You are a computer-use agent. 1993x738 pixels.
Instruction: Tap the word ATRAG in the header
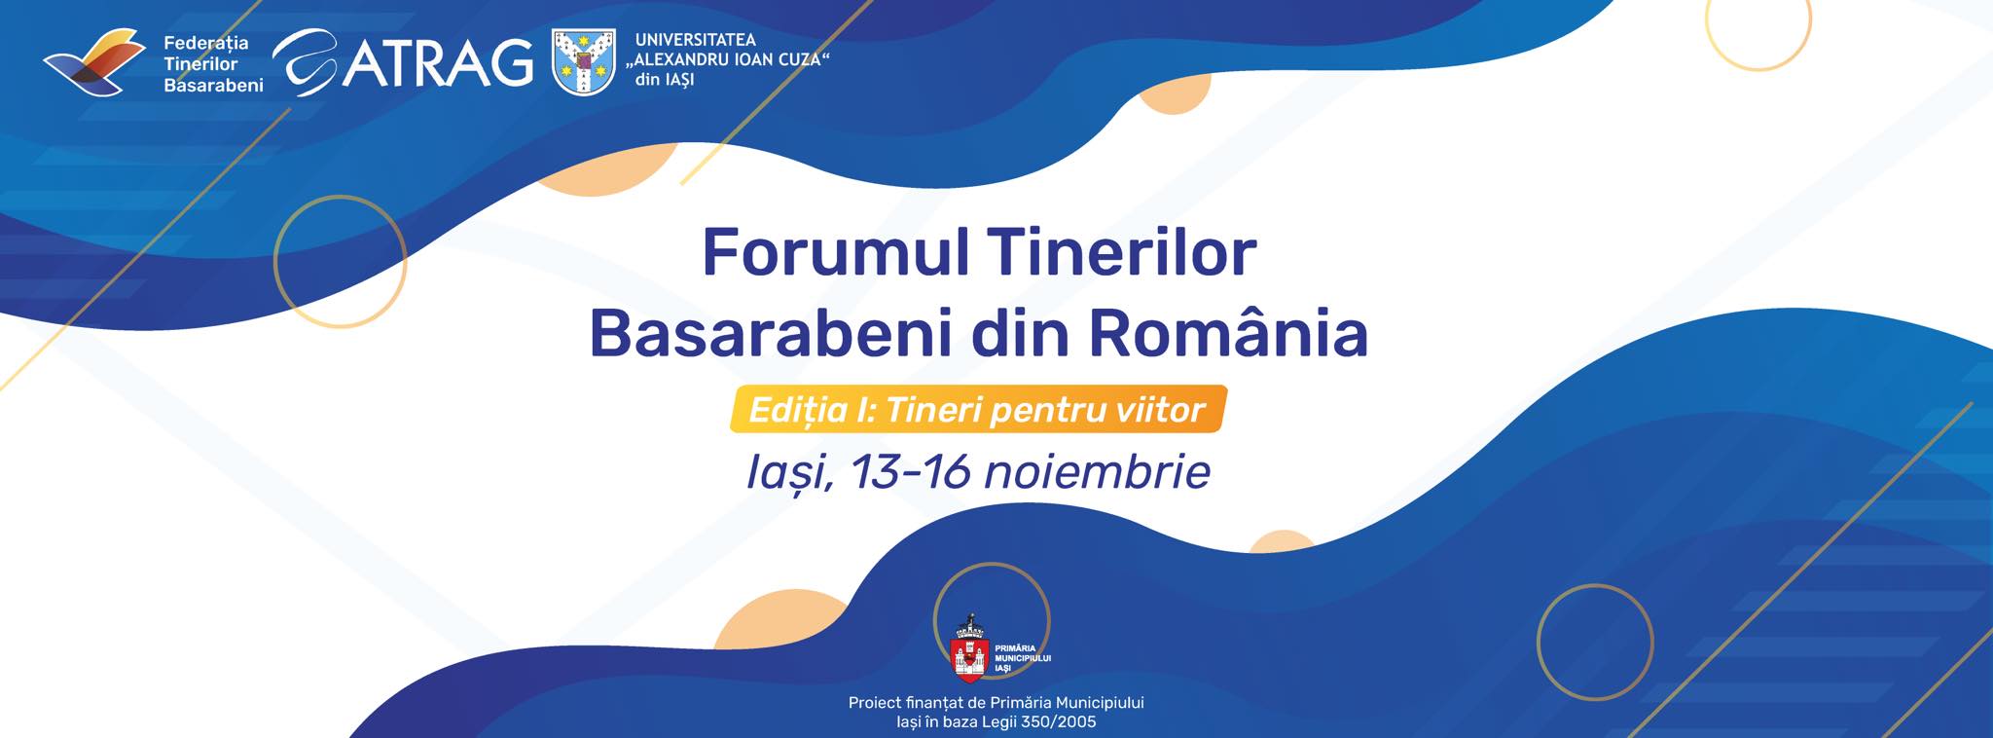coord(438,61)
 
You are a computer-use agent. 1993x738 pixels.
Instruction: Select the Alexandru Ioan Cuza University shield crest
coord(584,61)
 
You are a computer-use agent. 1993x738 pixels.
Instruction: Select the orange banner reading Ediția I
coord(979,410)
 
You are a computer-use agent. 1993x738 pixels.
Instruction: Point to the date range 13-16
coord(913,472)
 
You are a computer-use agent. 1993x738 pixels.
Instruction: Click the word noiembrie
coord(1098,472)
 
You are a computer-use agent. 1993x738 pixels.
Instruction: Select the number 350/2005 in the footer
coord(1056,721)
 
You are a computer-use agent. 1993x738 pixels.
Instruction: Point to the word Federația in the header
coord(206,43)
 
